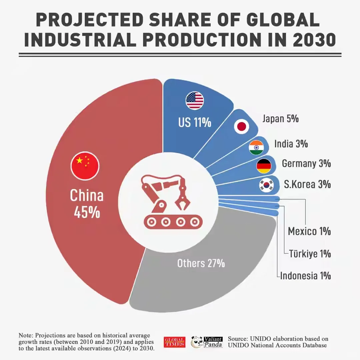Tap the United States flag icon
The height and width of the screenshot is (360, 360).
point(195,101)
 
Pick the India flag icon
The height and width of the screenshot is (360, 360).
point(256,148)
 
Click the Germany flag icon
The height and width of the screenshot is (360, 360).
point(264,166)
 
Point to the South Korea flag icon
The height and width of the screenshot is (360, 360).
point(267,185)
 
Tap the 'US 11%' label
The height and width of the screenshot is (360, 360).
point(195,122)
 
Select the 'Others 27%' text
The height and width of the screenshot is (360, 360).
point(201,263)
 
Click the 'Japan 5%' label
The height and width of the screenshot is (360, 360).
point(280,119)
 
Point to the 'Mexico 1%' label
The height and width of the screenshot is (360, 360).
point(309,231)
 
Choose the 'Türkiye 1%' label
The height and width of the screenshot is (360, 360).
point(310,254)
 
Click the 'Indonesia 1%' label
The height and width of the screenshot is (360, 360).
point(305,276)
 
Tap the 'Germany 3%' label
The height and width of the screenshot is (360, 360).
point(306,164)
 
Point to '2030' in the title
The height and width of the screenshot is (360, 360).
point(314,40)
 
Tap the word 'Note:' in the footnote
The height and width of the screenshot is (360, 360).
point(26,335)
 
